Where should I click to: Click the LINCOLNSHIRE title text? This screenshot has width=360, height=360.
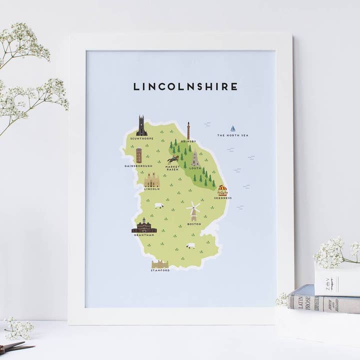(185, 86)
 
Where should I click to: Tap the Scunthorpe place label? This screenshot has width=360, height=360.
(141, 138)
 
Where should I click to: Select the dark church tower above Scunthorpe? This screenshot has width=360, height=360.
(141, 126)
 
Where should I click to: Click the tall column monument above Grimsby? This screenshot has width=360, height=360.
(188, 130)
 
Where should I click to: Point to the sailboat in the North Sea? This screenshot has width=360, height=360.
(233, 128)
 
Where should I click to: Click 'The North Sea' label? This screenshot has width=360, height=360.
(232, 135)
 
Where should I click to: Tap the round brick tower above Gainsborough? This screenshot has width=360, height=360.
(138, 155)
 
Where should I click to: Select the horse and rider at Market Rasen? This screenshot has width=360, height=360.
(172, 159)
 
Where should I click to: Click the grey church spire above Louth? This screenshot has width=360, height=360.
(195, 159)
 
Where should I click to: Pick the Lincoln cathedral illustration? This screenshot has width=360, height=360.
(151, 179)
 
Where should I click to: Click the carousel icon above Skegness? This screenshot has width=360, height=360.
(222, 190)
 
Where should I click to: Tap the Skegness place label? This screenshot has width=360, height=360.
(222, 198)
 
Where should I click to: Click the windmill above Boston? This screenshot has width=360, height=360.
(193, 211)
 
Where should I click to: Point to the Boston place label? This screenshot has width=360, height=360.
(193, 223)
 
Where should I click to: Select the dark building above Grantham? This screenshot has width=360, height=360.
(144, 226)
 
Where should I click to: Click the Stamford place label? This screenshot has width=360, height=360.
(160, 270)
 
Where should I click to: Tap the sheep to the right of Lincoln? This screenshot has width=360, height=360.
(159, 205)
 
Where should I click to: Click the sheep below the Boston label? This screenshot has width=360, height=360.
(190, 246)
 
